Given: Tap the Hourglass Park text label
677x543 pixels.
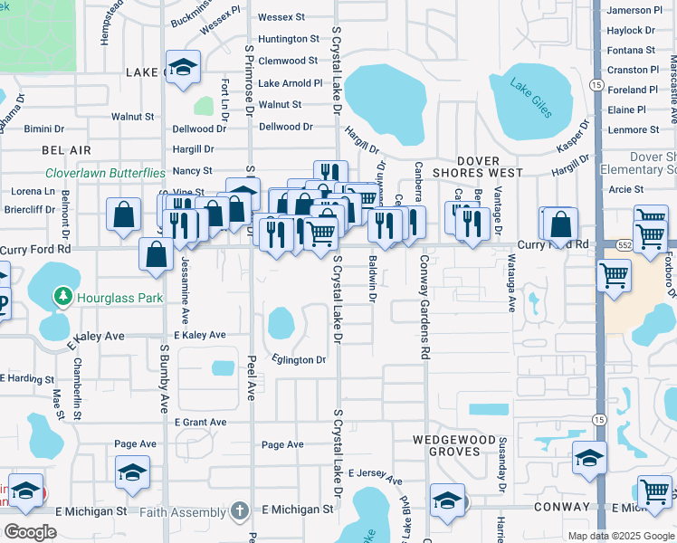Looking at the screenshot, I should (x=117, y=295).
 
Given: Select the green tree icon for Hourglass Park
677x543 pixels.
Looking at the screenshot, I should (x=62, y=295).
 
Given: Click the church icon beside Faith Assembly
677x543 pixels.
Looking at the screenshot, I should (x=239, y=510).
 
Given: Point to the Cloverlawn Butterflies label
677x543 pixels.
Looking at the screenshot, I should (x=106, y=172).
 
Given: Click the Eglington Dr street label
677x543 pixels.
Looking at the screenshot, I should (x=295, y=359).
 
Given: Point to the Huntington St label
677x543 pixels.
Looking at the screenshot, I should (x=289, y=39).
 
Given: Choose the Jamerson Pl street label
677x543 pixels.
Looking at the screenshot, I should (x=636, y=10).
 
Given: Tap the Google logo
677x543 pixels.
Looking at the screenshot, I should (x=30, y=532).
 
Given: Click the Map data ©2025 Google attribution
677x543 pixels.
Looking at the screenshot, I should (x=620, y=536).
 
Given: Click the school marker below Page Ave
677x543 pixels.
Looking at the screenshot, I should (x=133, y=472).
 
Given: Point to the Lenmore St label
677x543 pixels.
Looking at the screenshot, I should (x=634, y=129).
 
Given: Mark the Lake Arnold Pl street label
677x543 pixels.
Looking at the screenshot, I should (x=290, y=83).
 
